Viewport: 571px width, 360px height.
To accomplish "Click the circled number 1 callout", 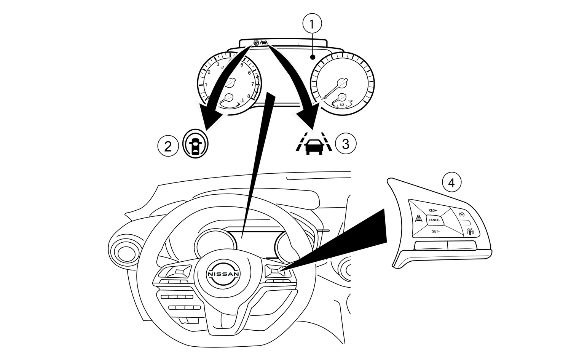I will tap(312, 24).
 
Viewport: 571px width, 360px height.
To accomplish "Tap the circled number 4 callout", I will tap(451, 183).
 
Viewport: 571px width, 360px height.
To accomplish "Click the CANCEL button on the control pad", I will tap(434, 220).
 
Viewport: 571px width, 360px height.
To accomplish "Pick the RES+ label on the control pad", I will tap(433, 210).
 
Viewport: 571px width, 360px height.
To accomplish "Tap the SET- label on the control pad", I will tap(435, 231).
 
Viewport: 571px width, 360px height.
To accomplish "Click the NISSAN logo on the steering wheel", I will tap(223, 274).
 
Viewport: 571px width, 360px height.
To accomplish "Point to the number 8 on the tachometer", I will tap(249, 96).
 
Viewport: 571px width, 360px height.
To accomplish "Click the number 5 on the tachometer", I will tap(242, 65).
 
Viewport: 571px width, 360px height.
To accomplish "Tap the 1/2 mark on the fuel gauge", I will tap(341, 104).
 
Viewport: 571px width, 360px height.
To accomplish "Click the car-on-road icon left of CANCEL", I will tap(418, 219).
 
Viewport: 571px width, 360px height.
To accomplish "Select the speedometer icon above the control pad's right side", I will tap(463, 214).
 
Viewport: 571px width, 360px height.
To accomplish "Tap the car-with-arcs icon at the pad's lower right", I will tap(471, 231).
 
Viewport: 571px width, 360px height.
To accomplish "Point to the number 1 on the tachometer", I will tap(206, 85).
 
